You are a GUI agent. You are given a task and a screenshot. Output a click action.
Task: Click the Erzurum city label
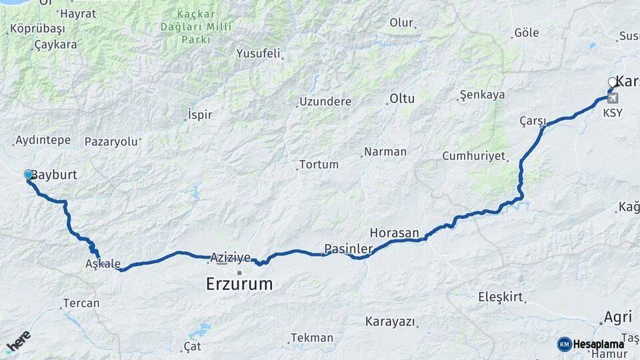tap(239, 283)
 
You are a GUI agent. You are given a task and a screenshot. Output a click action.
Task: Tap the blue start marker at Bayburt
tap(29, 175)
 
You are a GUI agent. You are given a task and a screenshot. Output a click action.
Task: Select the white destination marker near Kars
tap(613, 83)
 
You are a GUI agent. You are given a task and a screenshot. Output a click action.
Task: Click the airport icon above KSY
tap(613, 98)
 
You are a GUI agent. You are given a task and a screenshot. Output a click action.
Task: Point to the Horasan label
tap(394, 233)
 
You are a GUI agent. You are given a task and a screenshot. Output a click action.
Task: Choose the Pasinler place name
tap(348, 249)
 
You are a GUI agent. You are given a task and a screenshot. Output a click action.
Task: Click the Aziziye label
tap(230, 257)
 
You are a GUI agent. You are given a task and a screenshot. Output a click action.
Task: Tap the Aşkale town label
tap(103, 263)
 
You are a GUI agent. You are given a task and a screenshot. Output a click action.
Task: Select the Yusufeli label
tap(258, 53)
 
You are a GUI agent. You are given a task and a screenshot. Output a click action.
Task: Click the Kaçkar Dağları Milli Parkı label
tap(196, 27)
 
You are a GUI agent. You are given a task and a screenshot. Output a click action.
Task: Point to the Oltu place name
tap(402, 99)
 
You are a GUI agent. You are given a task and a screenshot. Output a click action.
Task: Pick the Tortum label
tap(319, 164)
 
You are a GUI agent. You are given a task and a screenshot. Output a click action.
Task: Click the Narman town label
tap(385, 151)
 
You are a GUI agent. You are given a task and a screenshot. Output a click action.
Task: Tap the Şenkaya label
tap(483, 95)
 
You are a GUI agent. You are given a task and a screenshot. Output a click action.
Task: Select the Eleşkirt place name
tap(501, 297)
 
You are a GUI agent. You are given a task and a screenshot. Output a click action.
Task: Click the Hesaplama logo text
tap(599, 344)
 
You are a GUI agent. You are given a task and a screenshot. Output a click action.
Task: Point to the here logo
tap(18, 341)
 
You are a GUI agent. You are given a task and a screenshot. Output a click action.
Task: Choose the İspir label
tap(200, 115)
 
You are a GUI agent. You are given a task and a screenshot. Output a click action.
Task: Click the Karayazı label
tap(390, 321)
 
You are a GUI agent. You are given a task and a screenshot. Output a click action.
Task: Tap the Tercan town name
tap(81, 303)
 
